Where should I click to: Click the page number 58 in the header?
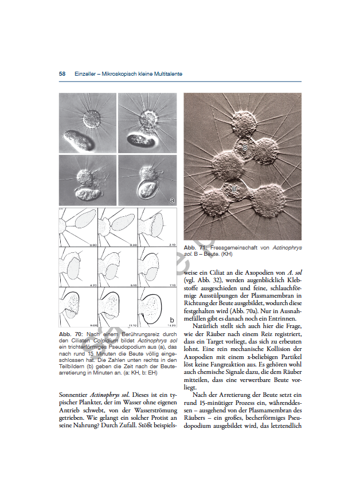pyautogui.click(x=62, y=74)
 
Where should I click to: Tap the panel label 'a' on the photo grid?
pyautogui.click(x=171, y=200)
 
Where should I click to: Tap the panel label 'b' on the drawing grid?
pyautogui.click(x=171, y=319)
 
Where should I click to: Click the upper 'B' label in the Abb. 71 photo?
pyautogui.click(x=245, y=147)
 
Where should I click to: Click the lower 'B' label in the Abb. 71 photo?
pyautogui.click(x=234, y=188)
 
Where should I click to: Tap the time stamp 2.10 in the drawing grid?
pyautogui.click(x=171, y=244)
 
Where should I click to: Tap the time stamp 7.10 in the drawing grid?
pyautogui.click(x=171, y=284)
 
